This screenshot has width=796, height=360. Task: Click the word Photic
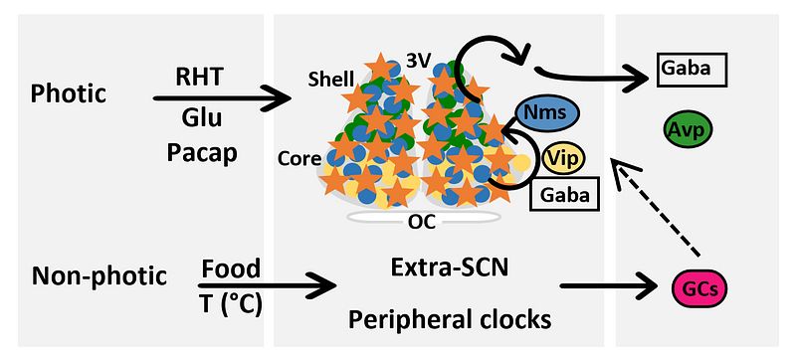tap(69, 94)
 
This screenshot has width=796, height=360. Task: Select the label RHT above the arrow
tap(199, 79)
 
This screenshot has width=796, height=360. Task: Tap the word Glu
tap(202, 117)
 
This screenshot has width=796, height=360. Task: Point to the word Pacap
tap(202, 152)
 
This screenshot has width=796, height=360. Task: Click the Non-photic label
tap(99, 275)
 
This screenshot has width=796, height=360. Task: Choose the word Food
tap(231, 268)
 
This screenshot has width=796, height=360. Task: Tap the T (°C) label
tap(231, 305)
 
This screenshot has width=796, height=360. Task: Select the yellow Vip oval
tap(563, 159)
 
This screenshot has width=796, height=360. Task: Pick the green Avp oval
tap(688, 129)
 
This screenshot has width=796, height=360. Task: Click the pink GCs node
tap(699, 288)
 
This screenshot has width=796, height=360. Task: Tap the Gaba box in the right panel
tap(692, 70)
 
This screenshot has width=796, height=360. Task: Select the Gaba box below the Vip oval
tap(564, 194)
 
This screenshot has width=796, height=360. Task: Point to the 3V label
tap(418, 61)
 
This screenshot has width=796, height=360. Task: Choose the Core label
tap(299, 159)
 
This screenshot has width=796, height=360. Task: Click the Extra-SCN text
tap(450, 268)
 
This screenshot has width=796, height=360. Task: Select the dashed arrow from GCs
tap(656, 208)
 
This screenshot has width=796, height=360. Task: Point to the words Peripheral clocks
tap(450, 319)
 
